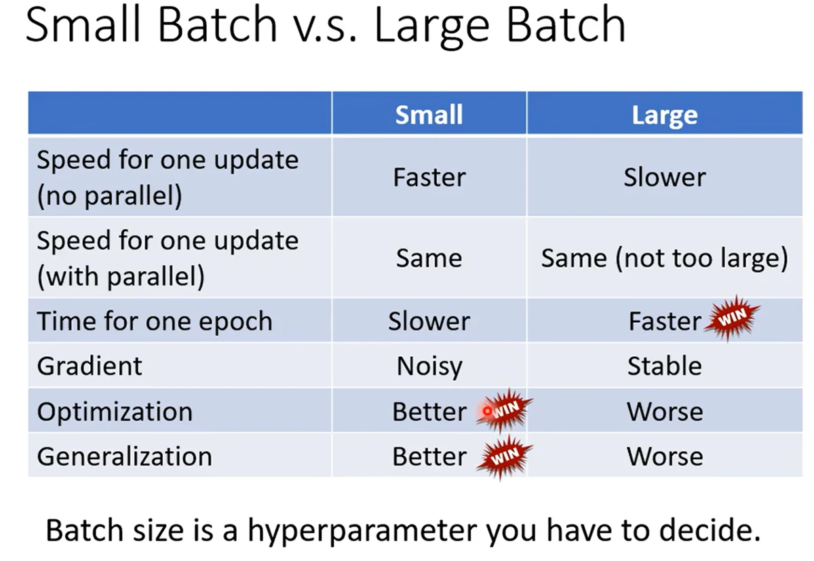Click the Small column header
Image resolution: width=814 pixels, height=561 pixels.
pyautogui.click(x=429, y=115)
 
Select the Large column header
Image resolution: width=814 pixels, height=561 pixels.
pyautogui.click(x=665, y=115)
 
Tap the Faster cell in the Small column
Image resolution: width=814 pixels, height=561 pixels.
pyautogui.click(x=429, y=177)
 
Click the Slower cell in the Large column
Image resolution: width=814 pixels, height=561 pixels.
pyautogui.click(x=665, y=177)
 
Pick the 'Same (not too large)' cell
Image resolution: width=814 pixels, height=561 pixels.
pyautogui.click(x=665, y=258)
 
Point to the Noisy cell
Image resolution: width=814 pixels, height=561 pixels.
pyautogui.click(x=429, y=366)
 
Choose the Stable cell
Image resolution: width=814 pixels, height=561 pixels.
pyautogui.click(x=665, y=366)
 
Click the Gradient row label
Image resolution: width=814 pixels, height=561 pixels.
pyautogui.click(x=90, y=366)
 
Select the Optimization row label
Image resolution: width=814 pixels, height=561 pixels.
pyautogui.click(x=115, y=412)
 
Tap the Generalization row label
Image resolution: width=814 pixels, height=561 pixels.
pyautogui.click(x=124, y=457)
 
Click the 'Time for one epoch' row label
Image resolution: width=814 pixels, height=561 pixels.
pyautogui.click(x=155, y=321)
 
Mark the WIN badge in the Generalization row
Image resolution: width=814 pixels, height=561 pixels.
pyautogui.click(x=505, y=457)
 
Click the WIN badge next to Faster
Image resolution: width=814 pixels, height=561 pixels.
pyautogui.click(x=732, y=317)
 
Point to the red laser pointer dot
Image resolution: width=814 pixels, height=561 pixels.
pyautogui.click(x=487, y=411)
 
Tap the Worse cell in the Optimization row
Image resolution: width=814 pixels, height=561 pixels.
pyautogui.click(x=665, y=412)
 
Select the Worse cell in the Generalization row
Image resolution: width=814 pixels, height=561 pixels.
pyautogui.click(x=665, y=457)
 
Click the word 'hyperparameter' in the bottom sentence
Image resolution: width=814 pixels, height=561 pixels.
pyautogui.click(x=362, y=531)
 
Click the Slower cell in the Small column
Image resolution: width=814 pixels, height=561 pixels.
pyautogui.click(x=429, y=321)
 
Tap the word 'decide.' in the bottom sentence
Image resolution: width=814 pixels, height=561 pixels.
pyautogui.click(x=710, y=530)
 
